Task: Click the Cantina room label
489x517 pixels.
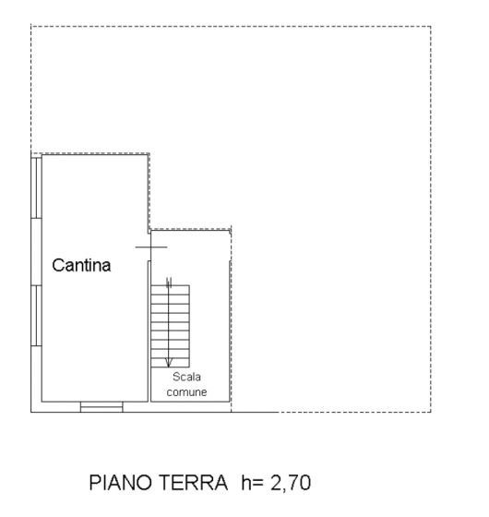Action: click(x=81, y=265)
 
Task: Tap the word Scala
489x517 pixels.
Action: click(x=186, y=377)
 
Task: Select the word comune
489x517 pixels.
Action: click(x=186, y=392)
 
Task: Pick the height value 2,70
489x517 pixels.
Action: click(x=291, y=483)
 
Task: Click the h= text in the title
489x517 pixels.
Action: click(x=252, y=482)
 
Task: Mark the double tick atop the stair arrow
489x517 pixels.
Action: click(x=169, y=283)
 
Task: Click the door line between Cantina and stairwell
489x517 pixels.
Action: click(x=151, y=247)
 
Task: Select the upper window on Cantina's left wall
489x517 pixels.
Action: click(x=36, y=188)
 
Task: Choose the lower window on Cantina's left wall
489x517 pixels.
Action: click(x=36, y=316)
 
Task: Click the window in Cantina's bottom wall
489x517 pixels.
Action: click(x=101, y=407)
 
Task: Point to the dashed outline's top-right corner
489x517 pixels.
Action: click(x=431, y=27)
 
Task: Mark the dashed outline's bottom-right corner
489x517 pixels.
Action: click(x=431, y=412)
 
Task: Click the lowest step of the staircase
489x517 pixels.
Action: click(x=170, y=362)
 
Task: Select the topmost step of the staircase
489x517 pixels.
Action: click(x=170, y=290)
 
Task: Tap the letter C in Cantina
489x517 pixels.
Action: click(x=57, y=265)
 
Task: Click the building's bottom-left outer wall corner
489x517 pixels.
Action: click(x=31, y=412)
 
